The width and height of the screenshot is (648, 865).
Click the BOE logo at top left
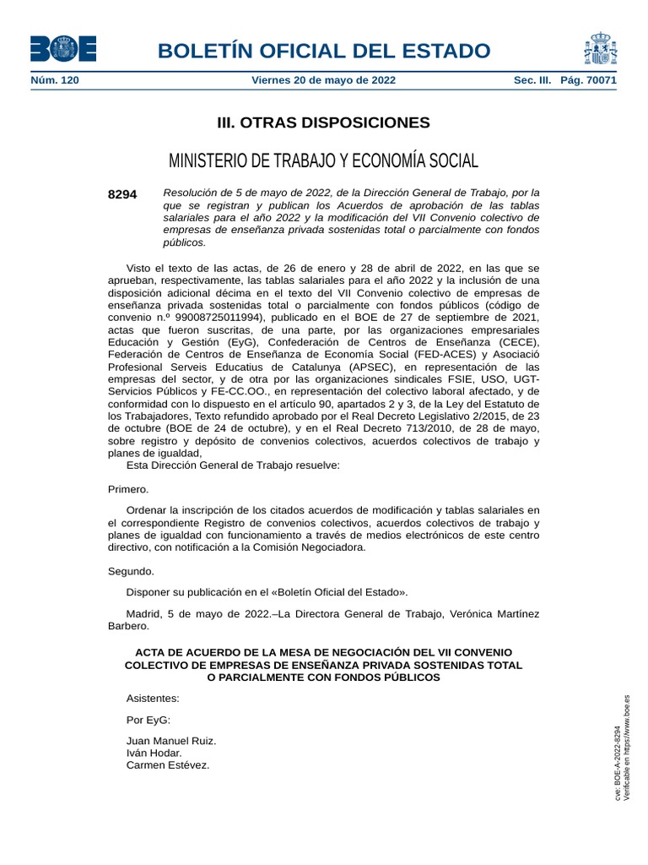tap(62, 49)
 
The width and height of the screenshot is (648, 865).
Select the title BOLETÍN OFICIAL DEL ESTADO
tap(323, 51)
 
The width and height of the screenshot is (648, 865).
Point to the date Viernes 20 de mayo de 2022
tap(323, 81)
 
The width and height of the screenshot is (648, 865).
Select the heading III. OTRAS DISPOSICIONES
tap(323, 123)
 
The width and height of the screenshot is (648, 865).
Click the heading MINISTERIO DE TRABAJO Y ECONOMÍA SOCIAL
tap(323, 160)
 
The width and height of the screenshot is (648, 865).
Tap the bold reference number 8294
tap(122, 194)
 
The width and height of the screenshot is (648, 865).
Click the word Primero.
tap(128, 489)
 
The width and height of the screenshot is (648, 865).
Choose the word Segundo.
tap(131, 571)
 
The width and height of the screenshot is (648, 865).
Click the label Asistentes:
tap(153, 699)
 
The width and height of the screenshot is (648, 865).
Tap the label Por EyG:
tap(148, 720)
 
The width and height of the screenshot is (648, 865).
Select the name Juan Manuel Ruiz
tap(171, 741)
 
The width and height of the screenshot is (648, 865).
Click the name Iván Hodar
tap(154, 753)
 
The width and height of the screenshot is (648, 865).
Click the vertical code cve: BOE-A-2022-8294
tap(618, 764)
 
